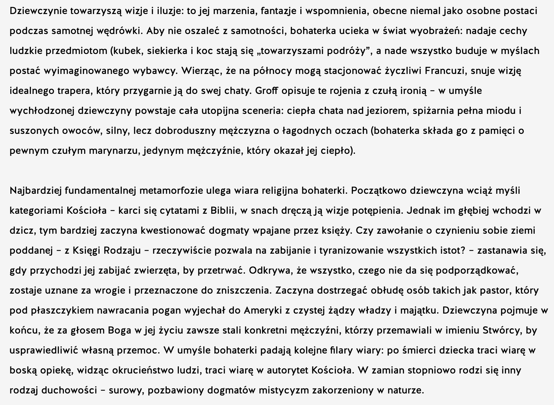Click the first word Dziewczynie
38,11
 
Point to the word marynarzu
112,151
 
